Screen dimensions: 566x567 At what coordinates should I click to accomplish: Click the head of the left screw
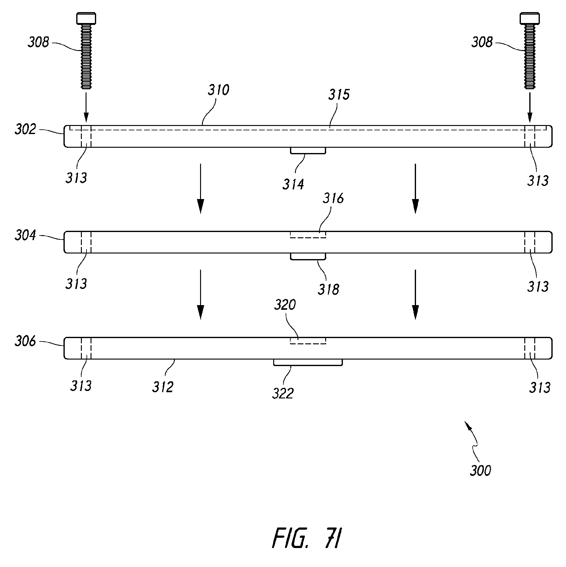pos(86,18)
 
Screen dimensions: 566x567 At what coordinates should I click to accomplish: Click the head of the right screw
pos(530,18)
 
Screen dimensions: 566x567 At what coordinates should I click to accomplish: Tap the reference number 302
pos(25,129)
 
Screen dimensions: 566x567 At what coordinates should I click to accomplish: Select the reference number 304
pos(25,235)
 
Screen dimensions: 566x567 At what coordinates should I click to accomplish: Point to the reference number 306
pos(25,342)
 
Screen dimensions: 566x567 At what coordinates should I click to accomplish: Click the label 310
pos(218,90)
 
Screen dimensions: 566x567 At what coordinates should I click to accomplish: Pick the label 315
pos(339,95)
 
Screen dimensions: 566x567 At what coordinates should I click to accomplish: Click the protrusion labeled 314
pos(308,151)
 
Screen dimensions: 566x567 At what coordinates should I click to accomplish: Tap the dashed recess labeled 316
pos(308,235)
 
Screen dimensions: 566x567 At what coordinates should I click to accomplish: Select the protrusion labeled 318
pos(308,257)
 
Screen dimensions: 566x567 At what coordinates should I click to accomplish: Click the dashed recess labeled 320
pos(308,341)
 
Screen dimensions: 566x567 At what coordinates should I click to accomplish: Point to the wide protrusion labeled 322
pos(308,362)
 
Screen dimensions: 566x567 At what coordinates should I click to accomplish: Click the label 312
pos(162,387)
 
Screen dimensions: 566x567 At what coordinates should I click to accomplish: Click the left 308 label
pos(38,42)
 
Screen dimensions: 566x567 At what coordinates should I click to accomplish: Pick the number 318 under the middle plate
pos(328,290)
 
